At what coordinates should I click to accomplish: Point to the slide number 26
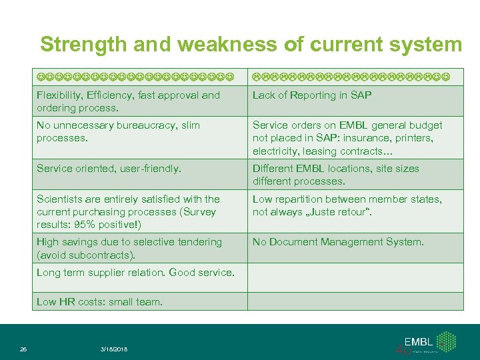click(x=23, y=349)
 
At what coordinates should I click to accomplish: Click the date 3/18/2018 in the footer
click(x=114, y=349)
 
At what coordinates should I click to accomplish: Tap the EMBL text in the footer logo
click(x=418, y=341)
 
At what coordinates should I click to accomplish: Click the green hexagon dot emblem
click(x=447, y=341)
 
